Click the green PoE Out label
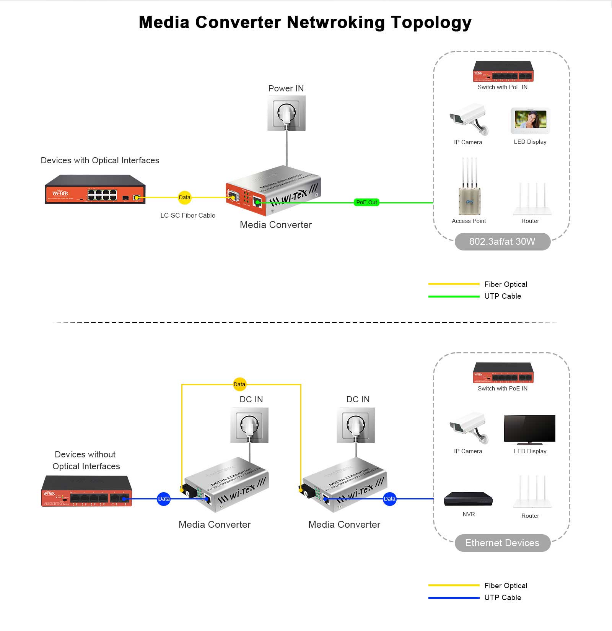click(366, 202)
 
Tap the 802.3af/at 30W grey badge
click(502, 242)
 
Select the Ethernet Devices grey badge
click(502, 543)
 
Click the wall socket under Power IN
click(286, 113)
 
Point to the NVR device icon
click(468, 499)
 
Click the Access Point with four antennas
click(469, 189)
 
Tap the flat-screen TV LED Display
click(530, 429)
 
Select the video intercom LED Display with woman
click(531, 120)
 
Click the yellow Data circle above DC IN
click(239, 384)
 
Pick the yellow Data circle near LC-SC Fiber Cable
click(184, 198)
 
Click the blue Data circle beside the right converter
click(389, 499)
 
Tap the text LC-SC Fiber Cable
click(188, 216)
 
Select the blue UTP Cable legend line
click(454, 598)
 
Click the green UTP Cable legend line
click(454, 296)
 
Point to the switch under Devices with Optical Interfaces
click(95, 190)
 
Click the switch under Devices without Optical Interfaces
click(86, 492)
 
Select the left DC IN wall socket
click(250, 425)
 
